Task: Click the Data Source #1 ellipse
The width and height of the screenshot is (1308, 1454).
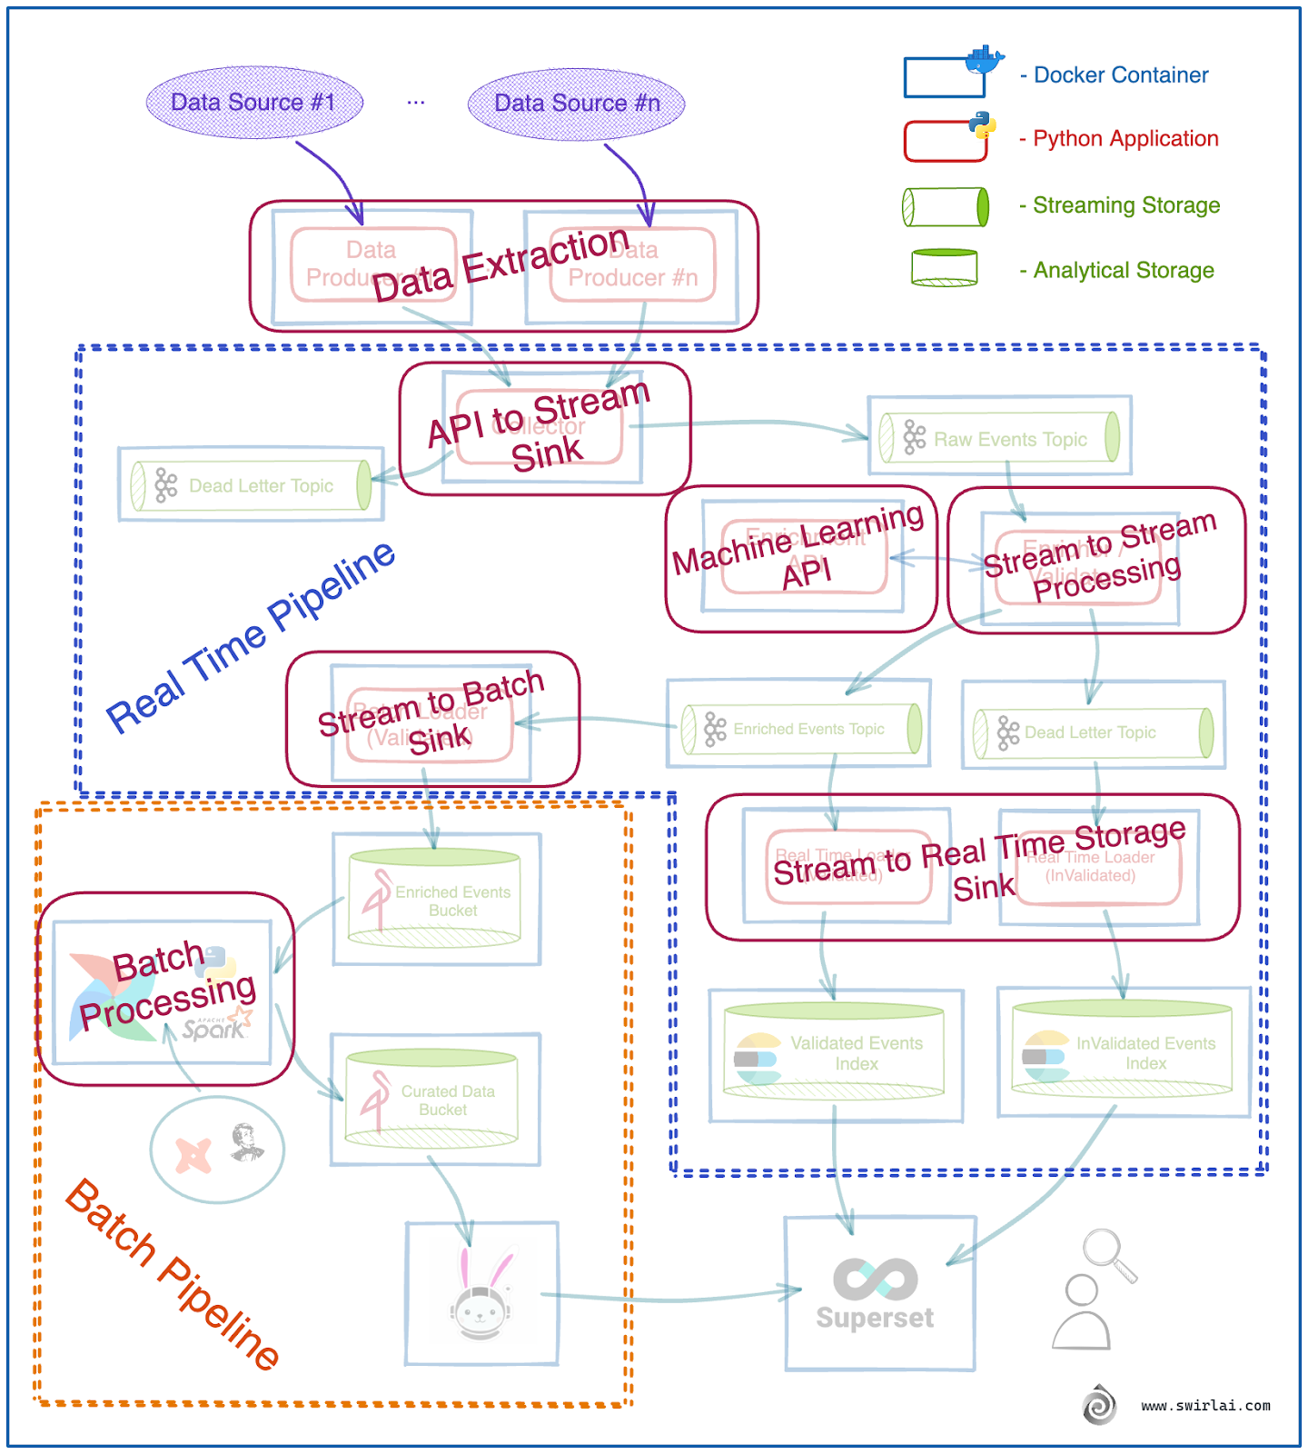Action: (254, 103)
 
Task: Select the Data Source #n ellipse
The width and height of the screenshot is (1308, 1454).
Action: (577, 104)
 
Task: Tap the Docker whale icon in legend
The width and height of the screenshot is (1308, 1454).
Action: (985, 60)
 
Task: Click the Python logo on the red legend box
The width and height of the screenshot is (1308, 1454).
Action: (981, 125)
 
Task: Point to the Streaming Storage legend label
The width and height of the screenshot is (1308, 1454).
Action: (1125, 205)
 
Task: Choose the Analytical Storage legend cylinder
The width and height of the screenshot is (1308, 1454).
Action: (945, 268)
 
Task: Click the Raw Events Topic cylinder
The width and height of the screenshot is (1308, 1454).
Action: (999, 438)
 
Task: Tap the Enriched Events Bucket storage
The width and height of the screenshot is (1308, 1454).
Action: (435, 899)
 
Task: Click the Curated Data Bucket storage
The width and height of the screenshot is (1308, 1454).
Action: (432, 1098)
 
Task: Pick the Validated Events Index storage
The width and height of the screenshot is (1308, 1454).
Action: (834, 1052)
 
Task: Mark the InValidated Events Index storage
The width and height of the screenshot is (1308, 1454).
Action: (1122, 1051)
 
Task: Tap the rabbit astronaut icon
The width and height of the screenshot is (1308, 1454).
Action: (481, 1296)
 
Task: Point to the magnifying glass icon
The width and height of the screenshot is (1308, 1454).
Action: (1110, 1254)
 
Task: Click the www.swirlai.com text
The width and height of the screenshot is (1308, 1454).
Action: (1205, 1406)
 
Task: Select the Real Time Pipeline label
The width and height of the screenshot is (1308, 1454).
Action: (251, 637)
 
